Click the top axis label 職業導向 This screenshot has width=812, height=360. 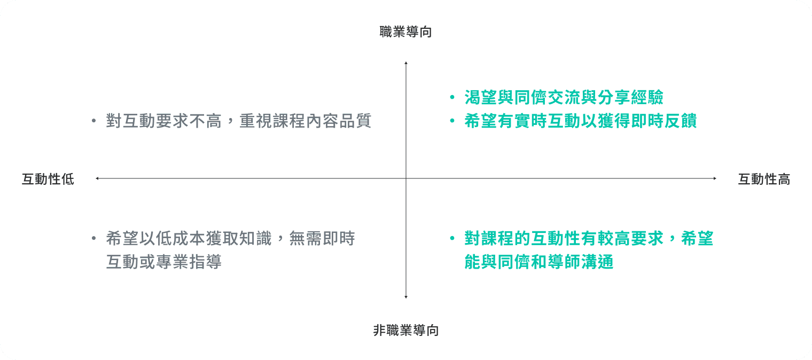(405, 32)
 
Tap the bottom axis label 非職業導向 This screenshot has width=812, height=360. (405, 331)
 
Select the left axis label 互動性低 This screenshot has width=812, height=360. (48, 179)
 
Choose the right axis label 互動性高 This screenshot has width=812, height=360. (764, 179)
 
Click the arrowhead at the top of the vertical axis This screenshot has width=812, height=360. (406, 64)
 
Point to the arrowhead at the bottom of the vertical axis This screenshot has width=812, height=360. (406, 296)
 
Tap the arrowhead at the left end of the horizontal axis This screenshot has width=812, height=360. (97, 178)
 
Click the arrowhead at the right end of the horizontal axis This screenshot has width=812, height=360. (715, 178)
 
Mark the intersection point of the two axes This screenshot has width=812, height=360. (406, 178)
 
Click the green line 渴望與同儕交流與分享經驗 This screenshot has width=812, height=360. (564, 97)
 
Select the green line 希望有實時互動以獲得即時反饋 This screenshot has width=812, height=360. (580, 121)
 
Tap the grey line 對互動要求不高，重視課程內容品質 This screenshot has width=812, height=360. (238, 121)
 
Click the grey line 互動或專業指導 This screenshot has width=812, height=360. (163, 262)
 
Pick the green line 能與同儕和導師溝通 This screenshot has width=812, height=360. (538, 262)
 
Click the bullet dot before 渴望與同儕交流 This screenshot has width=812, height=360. (452, 98)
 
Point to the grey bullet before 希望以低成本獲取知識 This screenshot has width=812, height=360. (94, 238)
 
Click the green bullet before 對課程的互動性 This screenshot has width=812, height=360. (452, 238)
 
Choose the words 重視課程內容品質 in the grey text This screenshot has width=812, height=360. (305, 121)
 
